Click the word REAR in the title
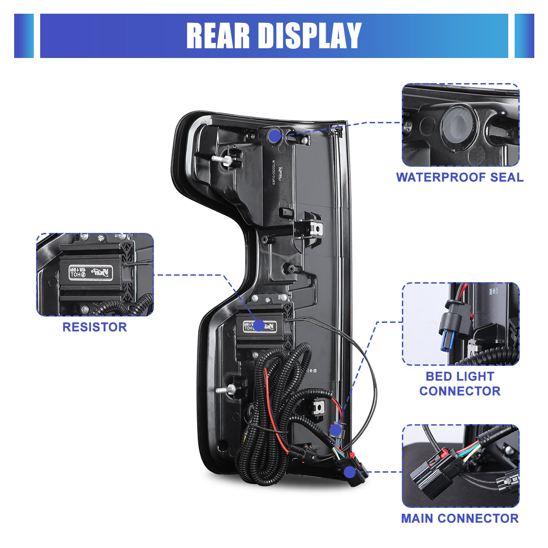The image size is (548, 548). pos(218,36)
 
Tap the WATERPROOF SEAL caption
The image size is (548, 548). pos(459,177)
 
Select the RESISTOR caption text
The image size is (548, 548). pos(95,327)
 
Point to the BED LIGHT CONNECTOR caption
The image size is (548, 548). pos(460,384)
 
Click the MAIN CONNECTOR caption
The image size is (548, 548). pos(459,518)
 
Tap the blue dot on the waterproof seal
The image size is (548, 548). pos(274,135)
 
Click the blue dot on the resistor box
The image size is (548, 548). pos(259,325)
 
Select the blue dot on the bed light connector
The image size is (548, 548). pos(335,430)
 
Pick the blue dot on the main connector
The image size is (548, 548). pos(350,472)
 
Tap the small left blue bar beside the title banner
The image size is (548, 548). pos(24,36)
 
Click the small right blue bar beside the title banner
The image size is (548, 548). pos(524,36)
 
